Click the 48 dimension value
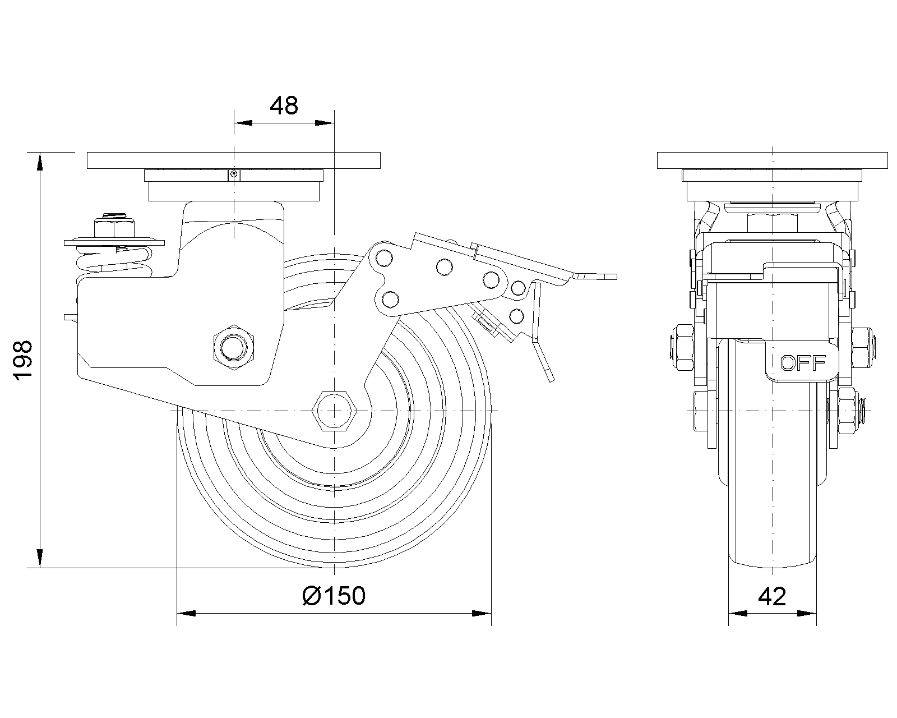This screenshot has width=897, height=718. pos(284,105)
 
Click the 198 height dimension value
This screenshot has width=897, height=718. pos(24,360)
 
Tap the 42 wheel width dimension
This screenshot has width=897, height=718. pos(772,596)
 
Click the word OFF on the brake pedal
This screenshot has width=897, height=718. pos(803,363)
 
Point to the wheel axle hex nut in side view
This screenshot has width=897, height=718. pos(334,411)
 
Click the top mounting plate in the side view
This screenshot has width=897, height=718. pos(234,159)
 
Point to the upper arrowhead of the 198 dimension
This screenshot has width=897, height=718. pos(40,162)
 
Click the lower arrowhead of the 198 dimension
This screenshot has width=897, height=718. pos(40,559)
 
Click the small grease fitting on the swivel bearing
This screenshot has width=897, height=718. pos(234,174)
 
